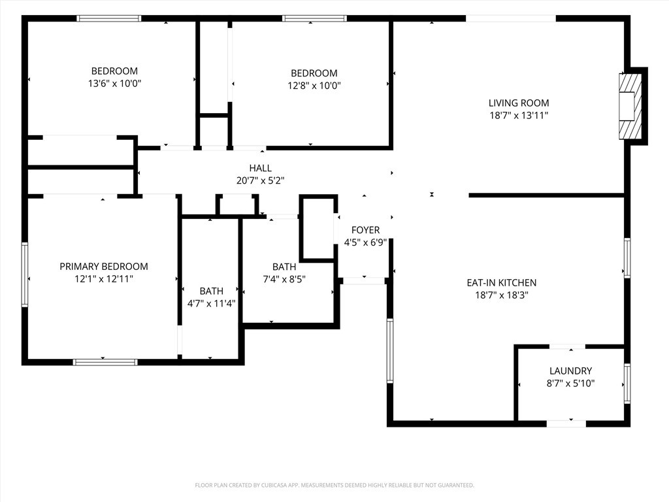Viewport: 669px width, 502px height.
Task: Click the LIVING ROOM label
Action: pos(518,103)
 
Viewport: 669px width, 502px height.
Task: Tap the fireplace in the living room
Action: pos(630,107)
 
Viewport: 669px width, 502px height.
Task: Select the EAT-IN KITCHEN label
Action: pos(501,282)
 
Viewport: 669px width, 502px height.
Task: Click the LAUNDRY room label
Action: pos(570,371)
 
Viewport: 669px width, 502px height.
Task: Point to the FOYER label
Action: pos(365,230)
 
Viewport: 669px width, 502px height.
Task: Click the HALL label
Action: pos(260,168)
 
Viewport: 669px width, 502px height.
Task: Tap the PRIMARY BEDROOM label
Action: pos(104,267)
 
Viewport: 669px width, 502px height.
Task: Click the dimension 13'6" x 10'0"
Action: pos(114,83)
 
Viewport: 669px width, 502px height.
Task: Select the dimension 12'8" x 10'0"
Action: pos(314,86)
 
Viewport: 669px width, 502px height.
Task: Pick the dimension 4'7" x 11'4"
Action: pos(211,303)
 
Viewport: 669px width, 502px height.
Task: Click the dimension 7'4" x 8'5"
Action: pos(284,279)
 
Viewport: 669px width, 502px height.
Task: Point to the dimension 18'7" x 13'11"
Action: pos(518,115)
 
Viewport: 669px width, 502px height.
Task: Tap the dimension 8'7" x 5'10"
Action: pos(570,383)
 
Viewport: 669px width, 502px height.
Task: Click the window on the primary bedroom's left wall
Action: pos(25,275)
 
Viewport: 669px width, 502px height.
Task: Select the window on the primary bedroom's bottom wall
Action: pos(105,362)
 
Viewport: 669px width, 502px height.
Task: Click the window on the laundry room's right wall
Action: pos(627,383)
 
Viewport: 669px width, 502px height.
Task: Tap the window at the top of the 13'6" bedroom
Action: pos(109,18)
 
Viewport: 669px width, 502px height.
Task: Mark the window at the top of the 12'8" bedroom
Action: pos(314,18)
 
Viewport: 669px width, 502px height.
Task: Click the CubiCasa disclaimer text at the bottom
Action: pos(334,486)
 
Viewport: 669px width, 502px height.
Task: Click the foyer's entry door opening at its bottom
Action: pos(364,281)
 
